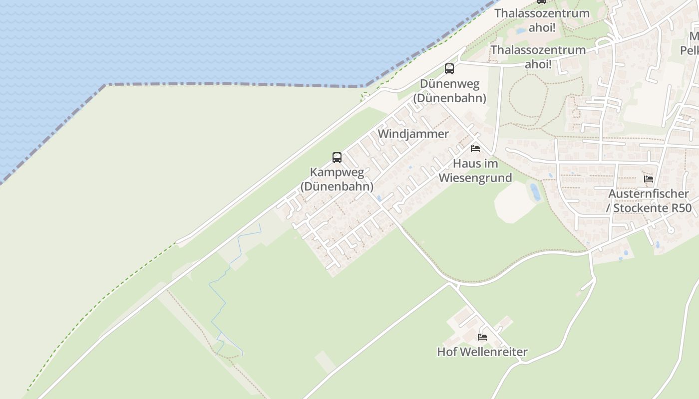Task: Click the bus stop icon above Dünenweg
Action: (x=449, y=69)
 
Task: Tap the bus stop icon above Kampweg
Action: (x=337, y=158)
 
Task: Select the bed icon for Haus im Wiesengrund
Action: (x=475, y=149)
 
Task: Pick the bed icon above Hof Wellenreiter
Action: (x=482, y=337)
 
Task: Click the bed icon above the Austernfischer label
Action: (x=649, y=179)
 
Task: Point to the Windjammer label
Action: (x=413, y=134)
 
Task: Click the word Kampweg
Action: (x=337, y=172)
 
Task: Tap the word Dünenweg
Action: (x=449, y=83)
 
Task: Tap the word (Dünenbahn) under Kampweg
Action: (x=337, y=187)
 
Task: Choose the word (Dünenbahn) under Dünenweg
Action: (x=449, y=98)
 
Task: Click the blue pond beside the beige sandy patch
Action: (x=535, y=192)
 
